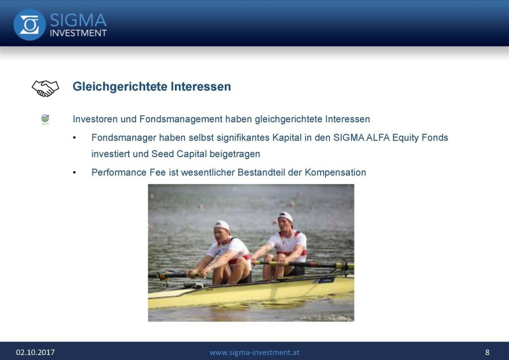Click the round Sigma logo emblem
(x=29, y=25)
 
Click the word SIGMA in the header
(x=78, y=20)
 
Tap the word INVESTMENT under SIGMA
(x=78, y=33)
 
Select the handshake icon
(x=45, y=89)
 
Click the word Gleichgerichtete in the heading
(x=120, y=87)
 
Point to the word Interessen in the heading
(x=201, y=87)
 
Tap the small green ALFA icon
(x=45, y=120)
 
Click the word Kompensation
(x=336, y=173)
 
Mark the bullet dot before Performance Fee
(x=75, y=173)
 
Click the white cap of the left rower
(x=222, y=225)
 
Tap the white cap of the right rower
(x=286, y=216)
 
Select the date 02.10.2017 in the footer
(x=35, y=352)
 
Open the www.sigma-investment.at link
(x=254, y=352)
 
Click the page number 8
(x=487, y=352)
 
